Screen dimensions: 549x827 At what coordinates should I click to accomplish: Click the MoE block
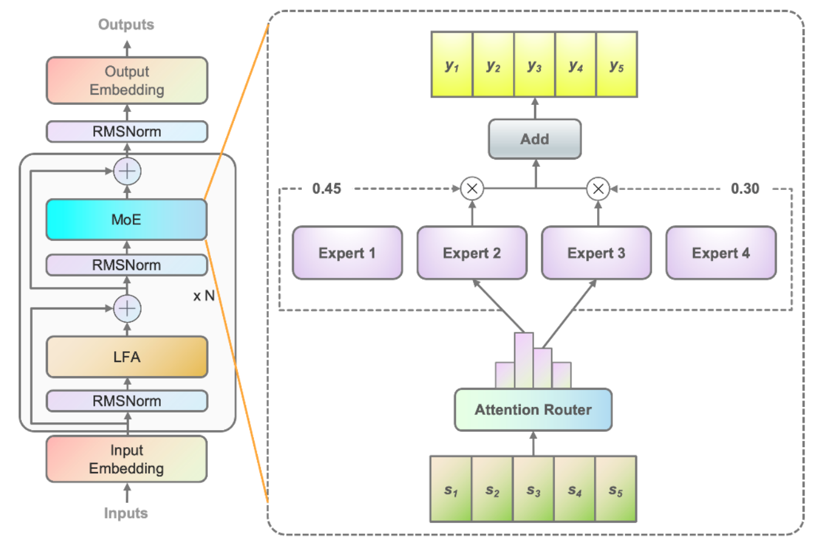tap(126, 220)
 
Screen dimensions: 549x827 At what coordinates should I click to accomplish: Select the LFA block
tap(127, 357)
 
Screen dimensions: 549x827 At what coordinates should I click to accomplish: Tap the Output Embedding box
tap(127, 81)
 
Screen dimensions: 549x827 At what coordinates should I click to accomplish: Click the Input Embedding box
tap(126, 459)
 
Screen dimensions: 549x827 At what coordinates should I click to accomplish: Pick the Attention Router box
tap(533, 410)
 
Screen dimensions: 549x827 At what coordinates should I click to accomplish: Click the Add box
tap(535, 140)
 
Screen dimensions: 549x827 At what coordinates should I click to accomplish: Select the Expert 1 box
tap(347, 253)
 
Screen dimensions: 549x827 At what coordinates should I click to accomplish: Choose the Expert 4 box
tap(721, 253)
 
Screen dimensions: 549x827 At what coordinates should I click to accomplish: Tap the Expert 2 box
tap(472, 253)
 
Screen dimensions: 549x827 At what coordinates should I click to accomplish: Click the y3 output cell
tap(534, 65)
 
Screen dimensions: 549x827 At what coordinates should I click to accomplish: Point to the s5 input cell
tap(616, 490)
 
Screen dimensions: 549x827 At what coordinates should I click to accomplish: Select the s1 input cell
tap(450, 490)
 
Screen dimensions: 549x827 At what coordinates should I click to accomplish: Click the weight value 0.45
tap(327, 189)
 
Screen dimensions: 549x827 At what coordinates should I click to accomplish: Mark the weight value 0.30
tap(745, 189)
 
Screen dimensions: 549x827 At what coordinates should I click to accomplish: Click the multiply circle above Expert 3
tap(598, 189)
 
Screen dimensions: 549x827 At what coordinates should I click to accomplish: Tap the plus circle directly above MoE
tap(127, 171)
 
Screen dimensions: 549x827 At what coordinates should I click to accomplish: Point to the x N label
tap(204, 296)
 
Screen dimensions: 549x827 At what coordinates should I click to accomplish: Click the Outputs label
tap(126, 25)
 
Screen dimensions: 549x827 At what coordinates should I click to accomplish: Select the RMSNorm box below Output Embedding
tap(127, 132)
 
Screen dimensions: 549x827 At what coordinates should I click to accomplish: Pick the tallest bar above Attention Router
tap(524, 360)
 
